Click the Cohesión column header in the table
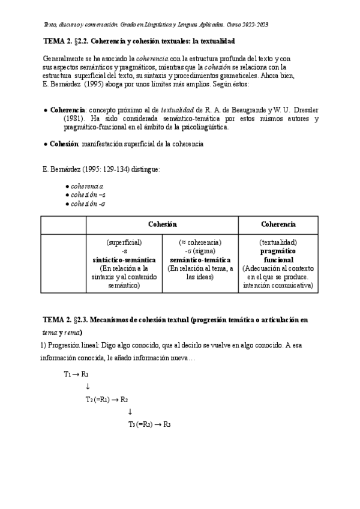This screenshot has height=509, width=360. (162, 224)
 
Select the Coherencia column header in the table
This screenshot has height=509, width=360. (278, 224)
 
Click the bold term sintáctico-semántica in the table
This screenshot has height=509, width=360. (124, 260)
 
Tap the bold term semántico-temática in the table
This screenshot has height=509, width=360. (200, 260)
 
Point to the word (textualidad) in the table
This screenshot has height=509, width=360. (278, 242)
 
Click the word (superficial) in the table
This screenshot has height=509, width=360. (124, 242)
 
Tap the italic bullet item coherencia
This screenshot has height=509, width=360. (87, 187)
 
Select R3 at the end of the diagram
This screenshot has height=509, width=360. (167, 424)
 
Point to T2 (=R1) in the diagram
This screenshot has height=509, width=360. (100, 399)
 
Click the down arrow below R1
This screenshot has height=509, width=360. (88, 387)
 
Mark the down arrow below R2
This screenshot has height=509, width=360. (130, 412)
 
